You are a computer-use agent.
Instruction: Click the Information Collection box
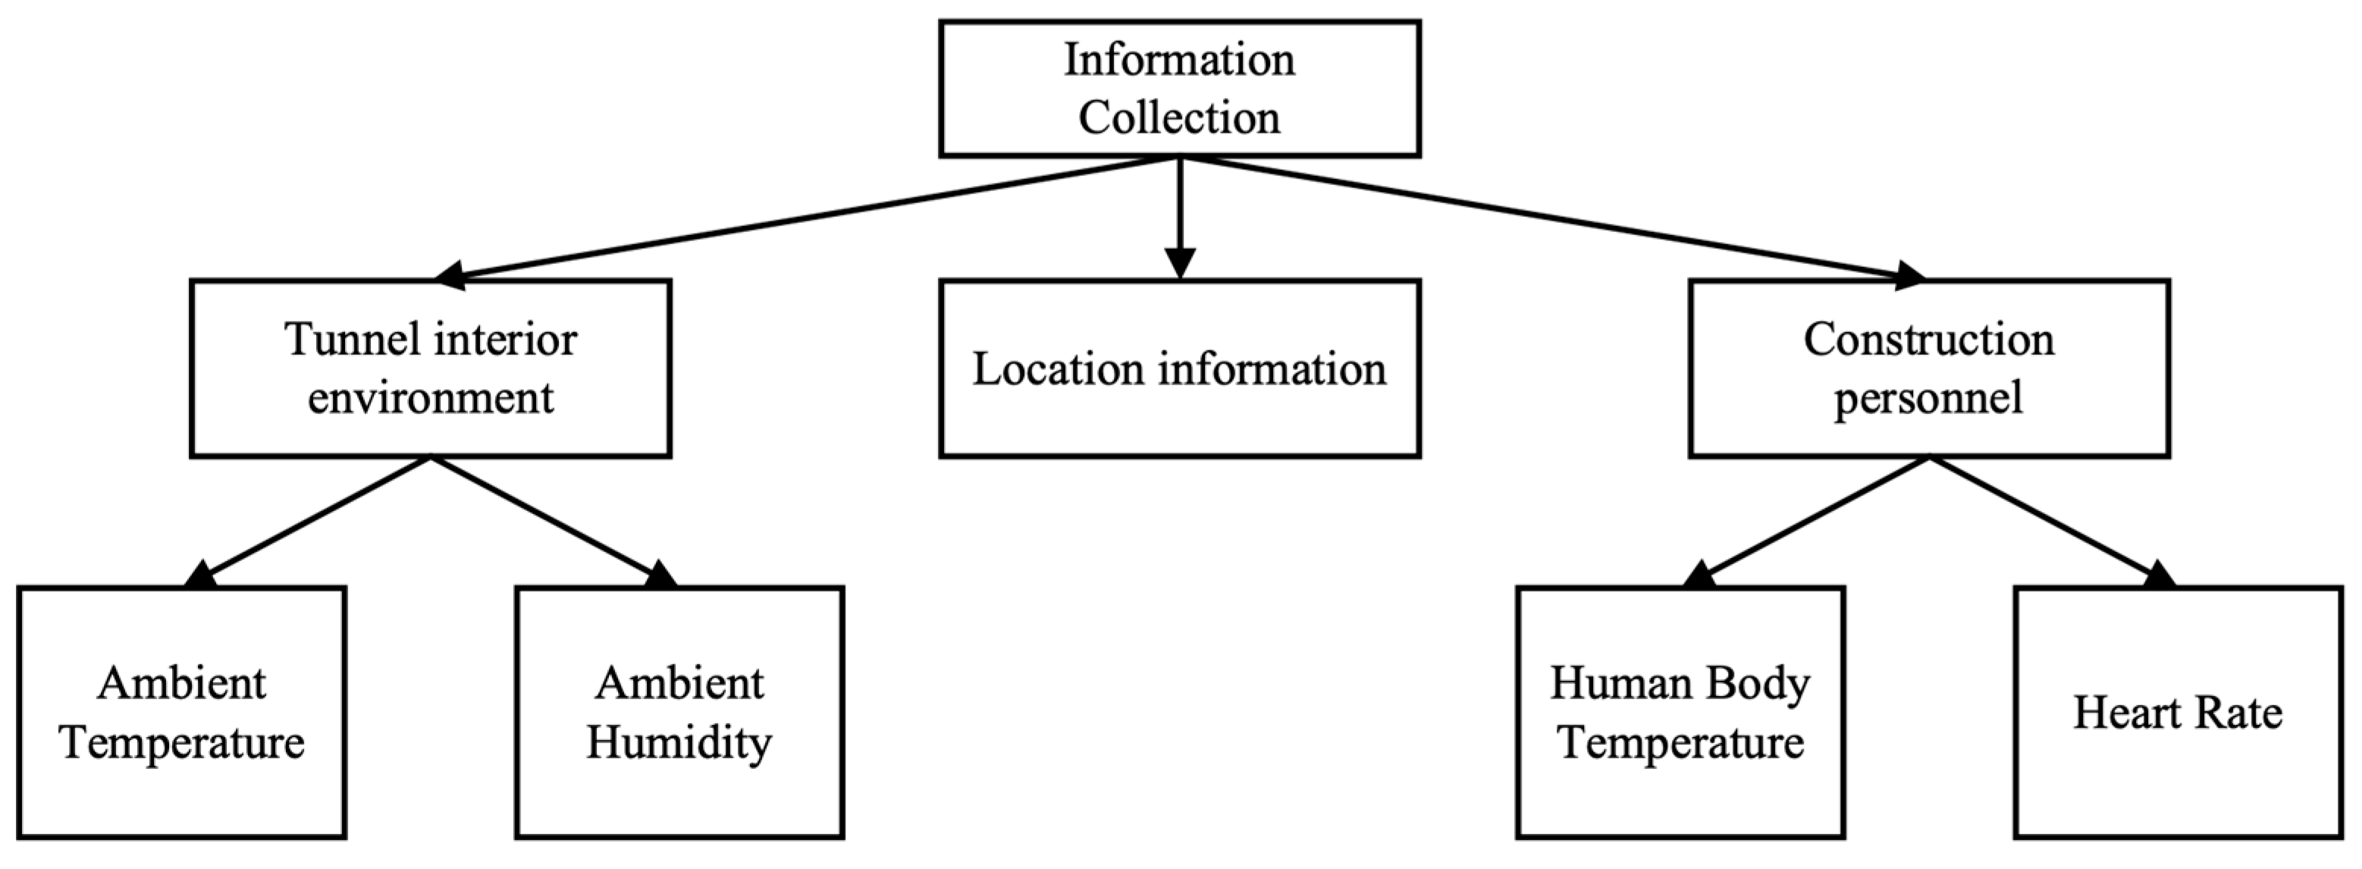pos(1179,89)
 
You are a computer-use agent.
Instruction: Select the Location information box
pos(1179,369)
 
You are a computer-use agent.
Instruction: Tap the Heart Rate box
pos(2178,712)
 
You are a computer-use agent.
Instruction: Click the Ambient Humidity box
pos(679,712)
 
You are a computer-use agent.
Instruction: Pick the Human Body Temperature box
pos(1680,712)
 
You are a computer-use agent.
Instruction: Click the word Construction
pos(1928,340)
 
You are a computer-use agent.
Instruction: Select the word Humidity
pos(679,742)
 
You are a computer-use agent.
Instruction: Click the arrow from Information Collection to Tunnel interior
pos(807,217)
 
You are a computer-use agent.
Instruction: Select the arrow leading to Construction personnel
pos(1550,217)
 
